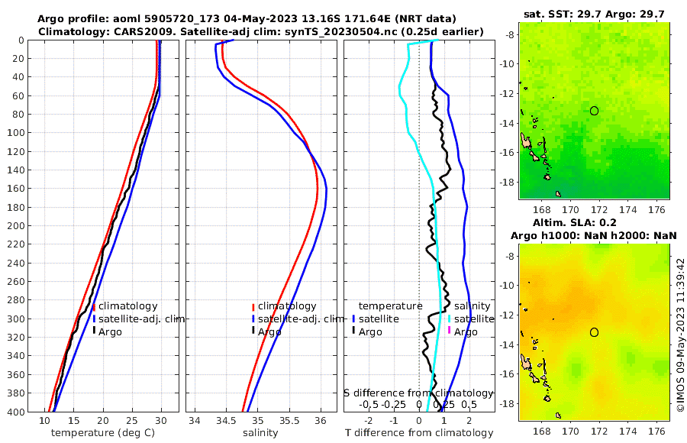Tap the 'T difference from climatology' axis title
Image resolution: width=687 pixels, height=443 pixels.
420,433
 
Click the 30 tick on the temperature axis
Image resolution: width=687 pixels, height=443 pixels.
161,421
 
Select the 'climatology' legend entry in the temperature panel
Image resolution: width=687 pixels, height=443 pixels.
127,306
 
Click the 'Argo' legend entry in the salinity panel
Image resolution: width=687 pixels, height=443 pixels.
269,331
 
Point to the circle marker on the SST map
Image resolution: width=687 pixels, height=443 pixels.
594,111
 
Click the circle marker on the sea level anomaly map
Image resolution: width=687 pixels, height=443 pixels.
594,332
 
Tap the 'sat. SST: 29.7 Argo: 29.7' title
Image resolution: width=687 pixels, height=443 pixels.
594,15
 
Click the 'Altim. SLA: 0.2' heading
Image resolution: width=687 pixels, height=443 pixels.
594,221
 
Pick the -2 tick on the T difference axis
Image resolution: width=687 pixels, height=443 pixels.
369,421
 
